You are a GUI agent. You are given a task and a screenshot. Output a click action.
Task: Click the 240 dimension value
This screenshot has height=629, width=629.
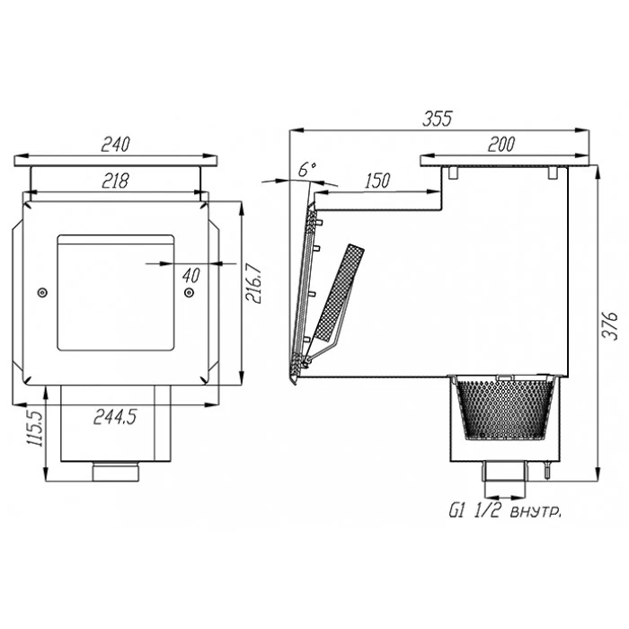116,145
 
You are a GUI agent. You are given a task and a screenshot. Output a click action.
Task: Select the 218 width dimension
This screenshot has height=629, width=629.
116,181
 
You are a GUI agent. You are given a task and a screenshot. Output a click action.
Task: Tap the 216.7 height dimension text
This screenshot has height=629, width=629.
254,283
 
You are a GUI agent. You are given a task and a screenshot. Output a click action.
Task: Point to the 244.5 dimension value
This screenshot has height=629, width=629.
115,417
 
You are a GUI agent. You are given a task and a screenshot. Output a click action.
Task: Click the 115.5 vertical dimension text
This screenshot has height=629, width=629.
35,429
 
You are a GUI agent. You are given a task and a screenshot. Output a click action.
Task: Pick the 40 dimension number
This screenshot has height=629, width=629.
190,276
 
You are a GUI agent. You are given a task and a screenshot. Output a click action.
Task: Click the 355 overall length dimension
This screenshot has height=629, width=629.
438,119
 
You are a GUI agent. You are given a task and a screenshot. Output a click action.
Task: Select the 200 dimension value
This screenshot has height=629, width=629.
501,145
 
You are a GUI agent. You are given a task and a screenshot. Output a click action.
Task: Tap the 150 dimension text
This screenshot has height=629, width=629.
377,181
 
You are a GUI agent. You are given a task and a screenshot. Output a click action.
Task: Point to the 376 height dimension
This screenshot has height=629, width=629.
610,325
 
